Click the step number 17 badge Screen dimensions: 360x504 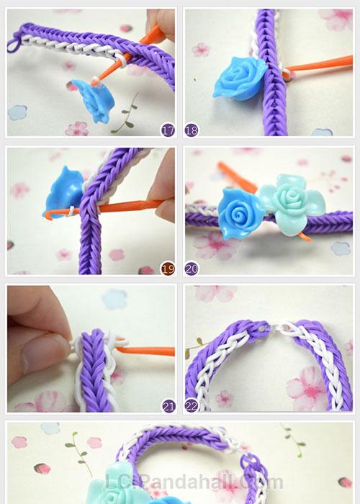point(168,130)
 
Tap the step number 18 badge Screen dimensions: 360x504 point(192,130)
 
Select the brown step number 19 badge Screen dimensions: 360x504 point(168,269)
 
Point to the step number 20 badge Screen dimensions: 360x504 point(192,269)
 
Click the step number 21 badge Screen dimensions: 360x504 point(168,406)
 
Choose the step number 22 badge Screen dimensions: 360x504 point(192,406)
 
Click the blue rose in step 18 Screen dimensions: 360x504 point(240,78)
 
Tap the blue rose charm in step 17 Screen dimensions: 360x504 point(94,100)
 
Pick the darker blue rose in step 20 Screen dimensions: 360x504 point(240,214)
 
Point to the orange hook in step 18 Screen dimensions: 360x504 point(318,66)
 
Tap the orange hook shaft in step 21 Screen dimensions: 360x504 point(145,350)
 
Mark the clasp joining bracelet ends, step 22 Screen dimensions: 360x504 point(273,328)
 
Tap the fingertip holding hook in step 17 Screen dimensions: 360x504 point(161,22)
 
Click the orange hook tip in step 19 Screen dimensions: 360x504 point(48,215)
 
